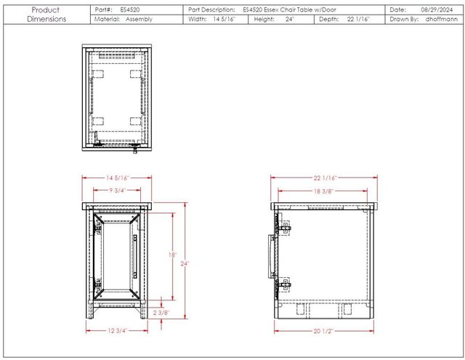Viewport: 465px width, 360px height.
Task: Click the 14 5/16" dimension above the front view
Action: tap(118, 178)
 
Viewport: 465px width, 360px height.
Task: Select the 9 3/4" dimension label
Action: tap(118, 191)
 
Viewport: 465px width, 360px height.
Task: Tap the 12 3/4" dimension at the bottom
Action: tap(118, 331)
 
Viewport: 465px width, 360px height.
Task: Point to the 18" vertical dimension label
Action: tap(173, 255)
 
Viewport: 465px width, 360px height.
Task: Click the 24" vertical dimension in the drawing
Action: tap(185, 263)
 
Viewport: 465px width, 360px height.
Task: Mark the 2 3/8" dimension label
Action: tap(161, 313)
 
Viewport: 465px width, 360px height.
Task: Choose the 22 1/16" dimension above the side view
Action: tap(325, 178)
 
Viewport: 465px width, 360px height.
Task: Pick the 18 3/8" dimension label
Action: tap(323, 191)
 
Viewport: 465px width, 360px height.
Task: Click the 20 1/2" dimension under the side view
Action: tap(323, 331)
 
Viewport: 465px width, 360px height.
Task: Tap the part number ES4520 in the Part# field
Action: tap(130, 9)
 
